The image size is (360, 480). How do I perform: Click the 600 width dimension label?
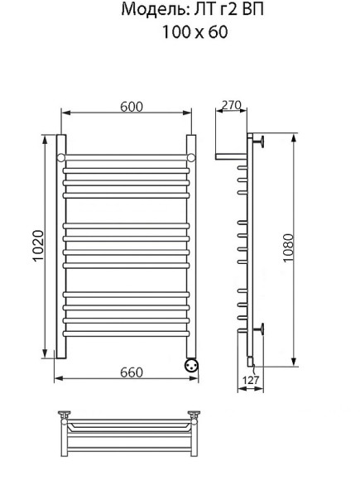[x=132, y=107]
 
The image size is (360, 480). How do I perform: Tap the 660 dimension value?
[x=132, y=372]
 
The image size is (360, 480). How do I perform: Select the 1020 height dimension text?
[x=39, y=246]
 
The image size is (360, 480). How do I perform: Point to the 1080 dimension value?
[x=288, y=248]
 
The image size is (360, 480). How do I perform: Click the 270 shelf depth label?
[x=232, y=105]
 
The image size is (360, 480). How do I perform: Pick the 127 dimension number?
[x=251, y=380]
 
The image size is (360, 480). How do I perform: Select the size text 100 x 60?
[x=194, y=31]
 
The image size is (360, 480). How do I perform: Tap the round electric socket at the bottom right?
[x=191, y=365]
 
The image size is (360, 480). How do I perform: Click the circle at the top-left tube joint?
[x=61, y=157]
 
